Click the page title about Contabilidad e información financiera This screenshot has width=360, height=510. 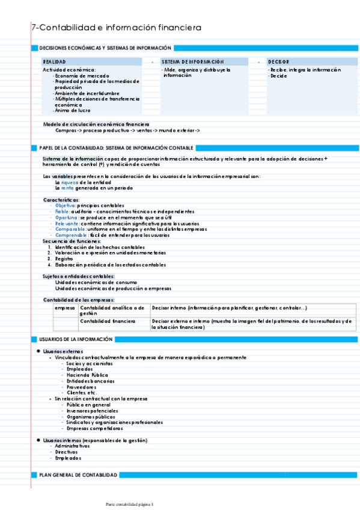[116, 28]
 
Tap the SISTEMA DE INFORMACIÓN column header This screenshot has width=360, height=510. [192, 62]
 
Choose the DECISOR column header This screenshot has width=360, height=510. [278, 62]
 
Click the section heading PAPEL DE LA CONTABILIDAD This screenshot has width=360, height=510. [116, 147]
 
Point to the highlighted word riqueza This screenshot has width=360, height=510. [70, 182]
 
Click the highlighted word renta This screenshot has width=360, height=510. [67, 188]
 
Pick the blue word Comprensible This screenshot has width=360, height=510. [72, 235]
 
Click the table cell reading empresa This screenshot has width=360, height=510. [64, 308]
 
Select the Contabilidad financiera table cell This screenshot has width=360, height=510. [108, 321]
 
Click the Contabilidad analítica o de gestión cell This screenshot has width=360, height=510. [112, 310]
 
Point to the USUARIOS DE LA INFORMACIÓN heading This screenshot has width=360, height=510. [75, 339]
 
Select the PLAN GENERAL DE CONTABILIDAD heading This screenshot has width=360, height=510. [78, 475]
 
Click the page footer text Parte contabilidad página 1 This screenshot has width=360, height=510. [129, 503]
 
